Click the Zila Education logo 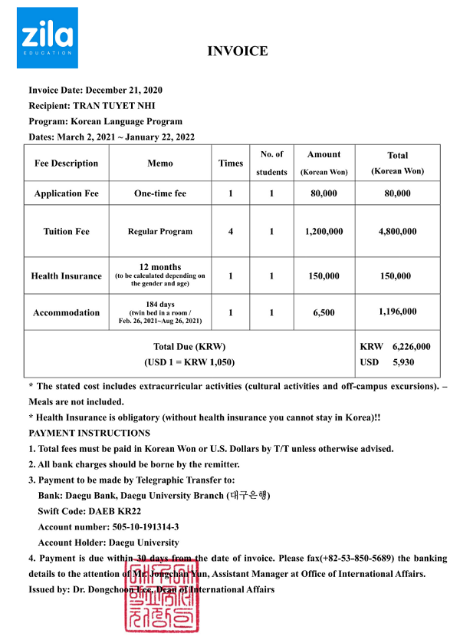pos(47,38)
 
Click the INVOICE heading pos(238,51)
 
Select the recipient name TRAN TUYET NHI pos(117,106)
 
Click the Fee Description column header pos(67,163)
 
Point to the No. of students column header pos(271,163)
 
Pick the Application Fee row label pos(67,193)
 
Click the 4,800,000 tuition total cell pos(397,231)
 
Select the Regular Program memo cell pos(160,231)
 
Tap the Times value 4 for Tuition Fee pos(231,231)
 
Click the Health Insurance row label pos(67,276)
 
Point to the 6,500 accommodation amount pos(324,313)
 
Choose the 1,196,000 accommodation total pos(397,312)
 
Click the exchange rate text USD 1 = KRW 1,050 pos(189,361)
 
